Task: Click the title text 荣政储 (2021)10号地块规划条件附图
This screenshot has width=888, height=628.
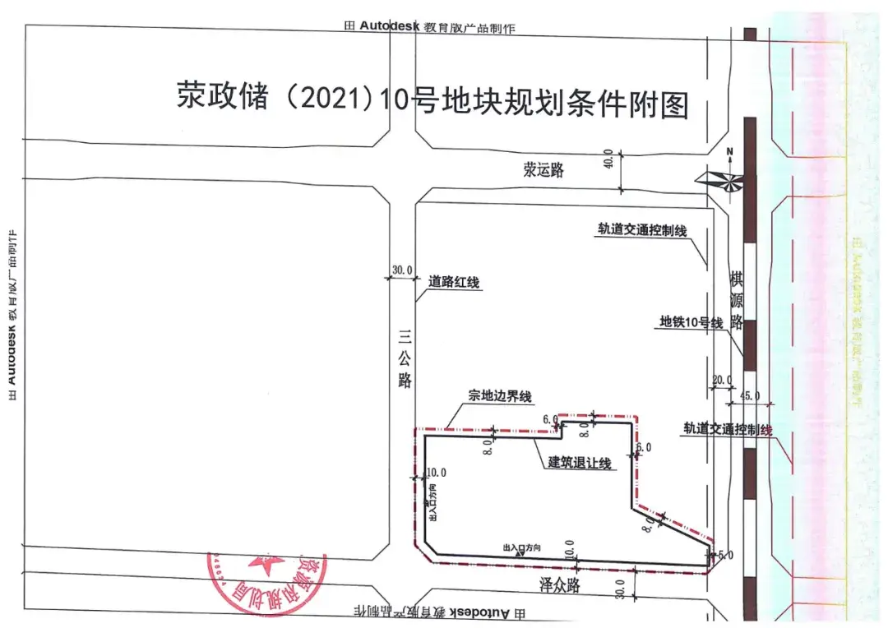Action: (432, 100)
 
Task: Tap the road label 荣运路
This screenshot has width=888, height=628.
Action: (544, 170)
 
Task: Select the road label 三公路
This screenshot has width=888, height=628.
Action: (404, 358)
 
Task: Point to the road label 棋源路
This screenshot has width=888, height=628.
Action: (736, 296)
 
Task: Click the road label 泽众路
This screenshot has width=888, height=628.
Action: (560, 584)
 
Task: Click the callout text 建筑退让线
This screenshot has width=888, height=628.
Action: (580, 463)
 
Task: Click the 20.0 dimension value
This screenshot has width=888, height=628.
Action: (721, 379)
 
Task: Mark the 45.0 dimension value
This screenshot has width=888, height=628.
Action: (750, 395)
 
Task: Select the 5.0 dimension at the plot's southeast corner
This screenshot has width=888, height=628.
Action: (725, 556)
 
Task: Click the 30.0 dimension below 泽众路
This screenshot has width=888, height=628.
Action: (620, 589)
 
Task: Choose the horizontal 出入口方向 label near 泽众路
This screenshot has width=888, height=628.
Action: (522, 547)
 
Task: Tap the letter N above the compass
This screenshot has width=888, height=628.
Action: (728, 151)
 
